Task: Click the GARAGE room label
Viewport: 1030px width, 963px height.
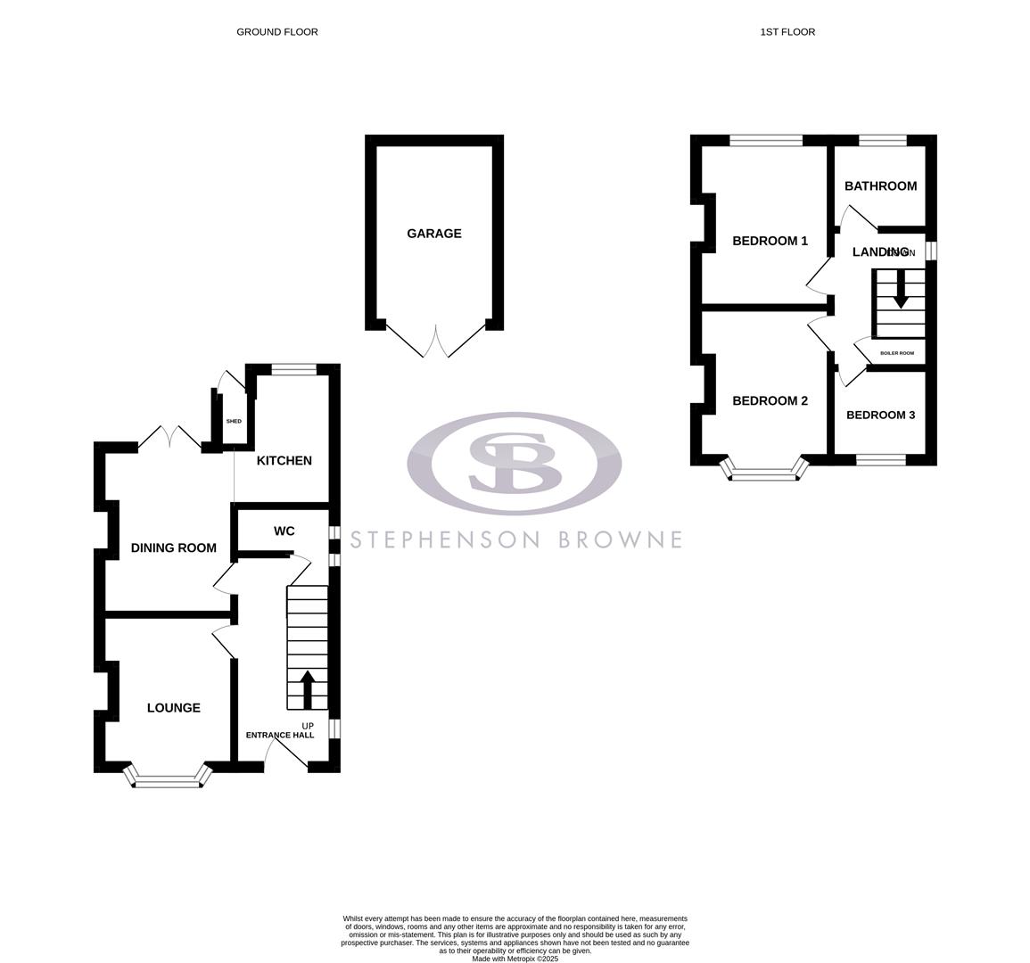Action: (434, 234)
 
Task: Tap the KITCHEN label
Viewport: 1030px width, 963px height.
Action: (284, 461)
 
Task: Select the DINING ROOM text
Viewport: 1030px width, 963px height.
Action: (174, 547)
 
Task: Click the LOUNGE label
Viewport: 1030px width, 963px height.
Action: (174, 708)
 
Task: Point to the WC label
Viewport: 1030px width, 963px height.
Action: (284, 531)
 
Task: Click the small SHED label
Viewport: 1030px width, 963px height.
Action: (234, 421)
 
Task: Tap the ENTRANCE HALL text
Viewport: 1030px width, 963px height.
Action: (280, 736)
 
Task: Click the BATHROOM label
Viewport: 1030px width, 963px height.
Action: (880, 186)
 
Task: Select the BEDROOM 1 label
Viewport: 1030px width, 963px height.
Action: (770, 241)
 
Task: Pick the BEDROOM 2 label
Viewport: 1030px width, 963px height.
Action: (770, 401)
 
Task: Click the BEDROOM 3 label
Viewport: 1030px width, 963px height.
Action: (880, 415)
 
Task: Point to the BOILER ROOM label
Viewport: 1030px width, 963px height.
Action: (897, 353)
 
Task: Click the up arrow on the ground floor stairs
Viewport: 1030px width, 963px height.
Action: (308, 687)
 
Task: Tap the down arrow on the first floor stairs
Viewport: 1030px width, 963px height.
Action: (901, 292)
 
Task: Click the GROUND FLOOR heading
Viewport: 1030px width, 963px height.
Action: (276, 32)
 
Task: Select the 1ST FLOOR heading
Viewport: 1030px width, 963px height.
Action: (787, 32)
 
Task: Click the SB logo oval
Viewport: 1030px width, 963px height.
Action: (515, 464)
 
